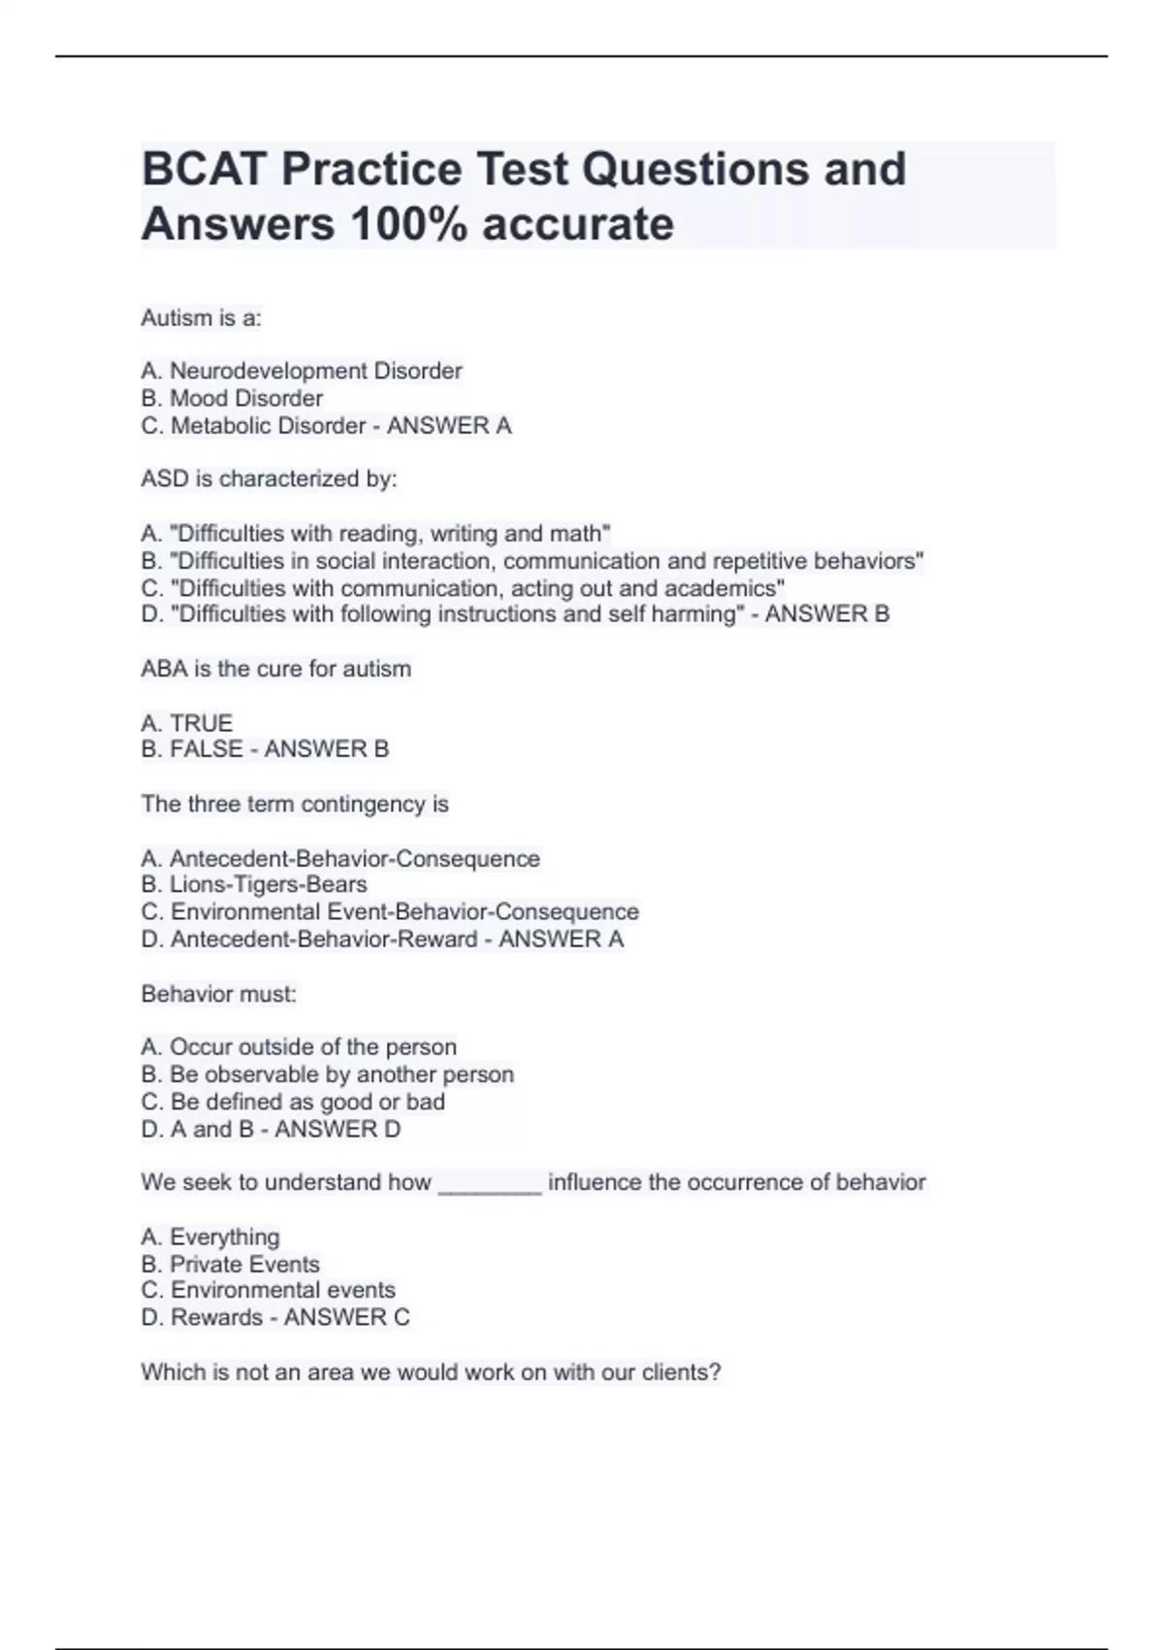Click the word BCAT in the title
tap(205, 169)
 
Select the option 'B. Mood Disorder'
tap(232, 398)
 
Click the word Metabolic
tap(221, 425)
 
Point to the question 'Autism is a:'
tap(201, 317)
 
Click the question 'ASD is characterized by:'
tap(269, 478)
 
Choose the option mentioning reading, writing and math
tap(375, 533)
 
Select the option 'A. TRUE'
tap(187, 723)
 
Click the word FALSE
tap(207, 749)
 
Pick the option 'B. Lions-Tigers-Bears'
tap(254, 884)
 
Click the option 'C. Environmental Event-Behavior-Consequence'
tap(390, 911)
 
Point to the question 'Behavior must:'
tap(218, 994)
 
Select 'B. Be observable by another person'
tap(327, 1074)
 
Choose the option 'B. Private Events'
tap(230, 1264)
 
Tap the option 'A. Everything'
tap(210, 1237)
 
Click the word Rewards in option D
tap(216, 1317)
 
